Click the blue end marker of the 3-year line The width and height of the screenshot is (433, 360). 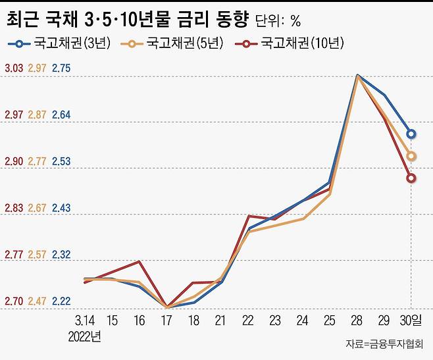pyautogui.click(x=411, y=134)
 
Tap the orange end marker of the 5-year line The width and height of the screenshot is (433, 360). pyautogui.click(x=411, y=157)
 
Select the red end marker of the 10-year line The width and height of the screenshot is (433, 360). pyautogui.click(x=411, y=178)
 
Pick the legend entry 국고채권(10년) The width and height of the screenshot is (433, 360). pyautogui.click(x=295, y=44)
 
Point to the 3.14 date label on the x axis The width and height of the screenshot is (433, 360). pyautogui.click(x=84, y=321)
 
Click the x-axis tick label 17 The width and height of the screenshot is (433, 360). pyautogui.click(x=167, y=321)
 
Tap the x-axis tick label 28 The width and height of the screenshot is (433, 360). pyautogui.click(x=357, y=321)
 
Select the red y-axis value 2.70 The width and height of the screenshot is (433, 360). pyautogui.click(x=14, y=301)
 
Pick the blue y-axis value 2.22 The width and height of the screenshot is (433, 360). pyautogui.click(x=61, y=301)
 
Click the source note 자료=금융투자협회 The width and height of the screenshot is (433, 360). pyautogui.click(x=385, y=345)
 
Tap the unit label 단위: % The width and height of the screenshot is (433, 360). pyautogui.click(x=277, y=21)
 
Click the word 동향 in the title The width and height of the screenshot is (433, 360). pyautogui.click(x=226, y=20)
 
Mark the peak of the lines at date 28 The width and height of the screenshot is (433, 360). pyautogui.click(x=357, y=76)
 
